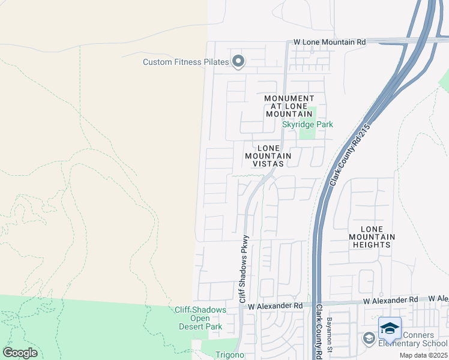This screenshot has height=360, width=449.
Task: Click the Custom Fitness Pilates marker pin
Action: tap(238, 61)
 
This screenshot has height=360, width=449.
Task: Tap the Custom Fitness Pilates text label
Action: tap(186, 62)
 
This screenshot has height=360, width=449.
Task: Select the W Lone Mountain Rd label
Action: tap(330, 43)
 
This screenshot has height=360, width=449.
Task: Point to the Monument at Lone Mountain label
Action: tap(289, 106)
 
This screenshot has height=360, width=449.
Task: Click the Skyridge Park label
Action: tap(307, 125)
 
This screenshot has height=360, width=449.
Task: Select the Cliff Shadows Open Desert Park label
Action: tap(200, 318)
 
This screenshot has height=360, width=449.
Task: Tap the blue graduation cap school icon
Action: tap(390, 328)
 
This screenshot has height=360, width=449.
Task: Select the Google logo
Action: tap(20, 353)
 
